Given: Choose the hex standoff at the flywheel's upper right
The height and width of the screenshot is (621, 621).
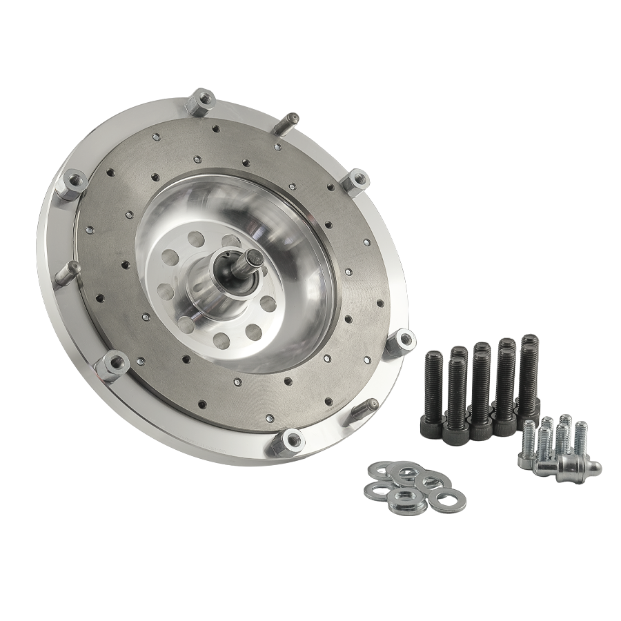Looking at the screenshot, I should point(357,181).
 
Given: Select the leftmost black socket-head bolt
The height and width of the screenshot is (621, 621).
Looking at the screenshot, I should point(433,386).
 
